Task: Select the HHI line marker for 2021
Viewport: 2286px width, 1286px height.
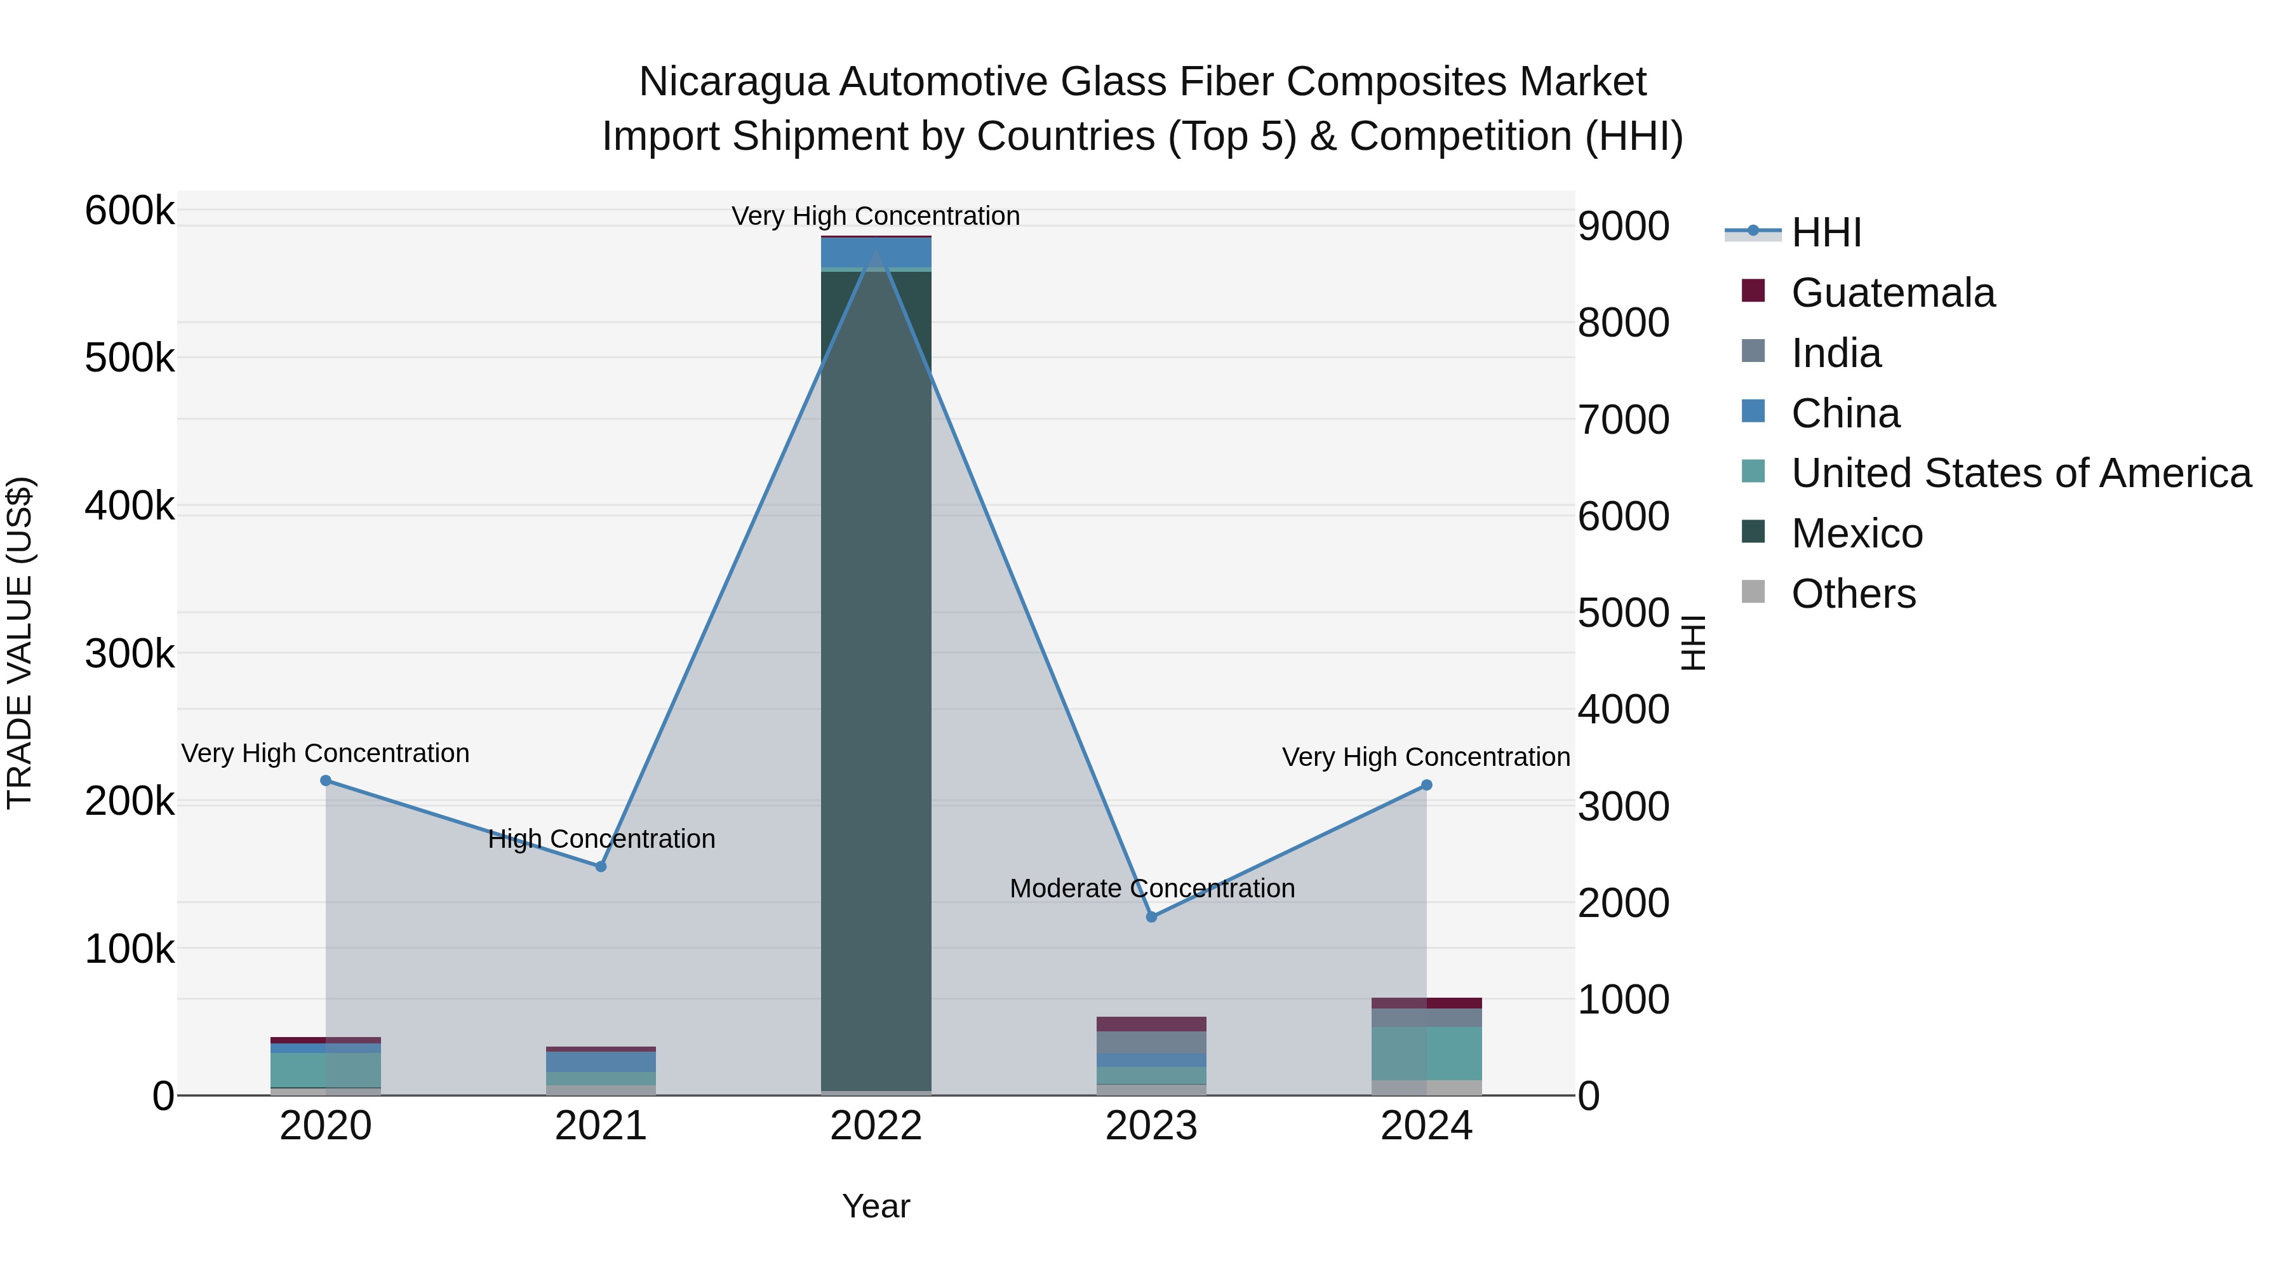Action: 601,866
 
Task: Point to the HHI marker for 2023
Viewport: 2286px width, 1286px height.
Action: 1152,917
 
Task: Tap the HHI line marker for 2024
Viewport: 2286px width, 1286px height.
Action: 1427,784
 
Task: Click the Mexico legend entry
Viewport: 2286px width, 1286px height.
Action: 1857,533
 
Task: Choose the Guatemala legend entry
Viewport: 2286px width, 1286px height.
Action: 1892,293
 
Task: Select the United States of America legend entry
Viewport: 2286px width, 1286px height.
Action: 2020,473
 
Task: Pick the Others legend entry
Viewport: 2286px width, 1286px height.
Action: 1853,594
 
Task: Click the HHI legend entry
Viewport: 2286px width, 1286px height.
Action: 1826,232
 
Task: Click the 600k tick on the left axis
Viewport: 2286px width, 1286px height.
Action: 130,211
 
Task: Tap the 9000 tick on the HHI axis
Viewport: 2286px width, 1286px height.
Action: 1623,226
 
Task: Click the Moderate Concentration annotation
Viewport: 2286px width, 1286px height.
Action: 1152,888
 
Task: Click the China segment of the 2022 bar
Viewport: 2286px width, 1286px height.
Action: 876,253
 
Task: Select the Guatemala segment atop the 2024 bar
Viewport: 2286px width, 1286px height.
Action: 1427,1003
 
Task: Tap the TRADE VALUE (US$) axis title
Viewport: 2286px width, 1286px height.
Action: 20,643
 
